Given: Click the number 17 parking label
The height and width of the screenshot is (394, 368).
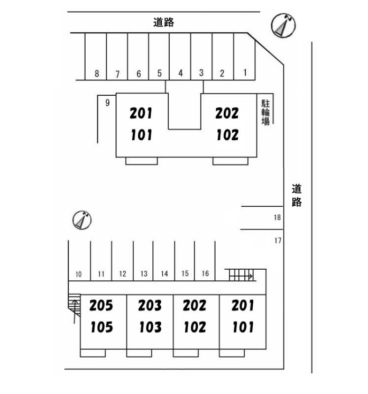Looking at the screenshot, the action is [278, 241].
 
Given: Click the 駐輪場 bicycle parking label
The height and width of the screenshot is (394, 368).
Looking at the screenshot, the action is [265, 112].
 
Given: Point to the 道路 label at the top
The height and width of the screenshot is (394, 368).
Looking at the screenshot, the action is [164, 22].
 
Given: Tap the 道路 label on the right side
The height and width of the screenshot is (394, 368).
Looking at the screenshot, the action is [297, 195].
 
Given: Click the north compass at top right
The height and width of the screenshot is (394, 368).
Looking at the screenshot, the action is [283, 25].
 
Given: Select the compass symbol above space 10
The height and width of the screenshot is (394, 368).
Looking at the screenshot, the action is [82, 220].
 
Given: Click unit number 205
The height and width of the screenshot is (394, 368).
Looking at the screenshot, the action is [101, 306].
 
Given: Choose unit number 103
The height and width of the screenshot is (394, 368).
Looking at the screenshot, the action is [151, 327].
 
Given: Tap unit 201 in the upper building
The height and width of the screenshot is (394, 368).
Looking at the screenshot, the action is [141, 113].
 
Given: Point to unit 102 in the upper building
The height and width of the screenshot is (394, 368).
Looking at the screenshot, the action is [227, 135].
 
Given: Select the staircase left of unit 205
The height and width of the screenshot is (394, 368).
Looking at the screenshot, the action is [75, 305].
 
